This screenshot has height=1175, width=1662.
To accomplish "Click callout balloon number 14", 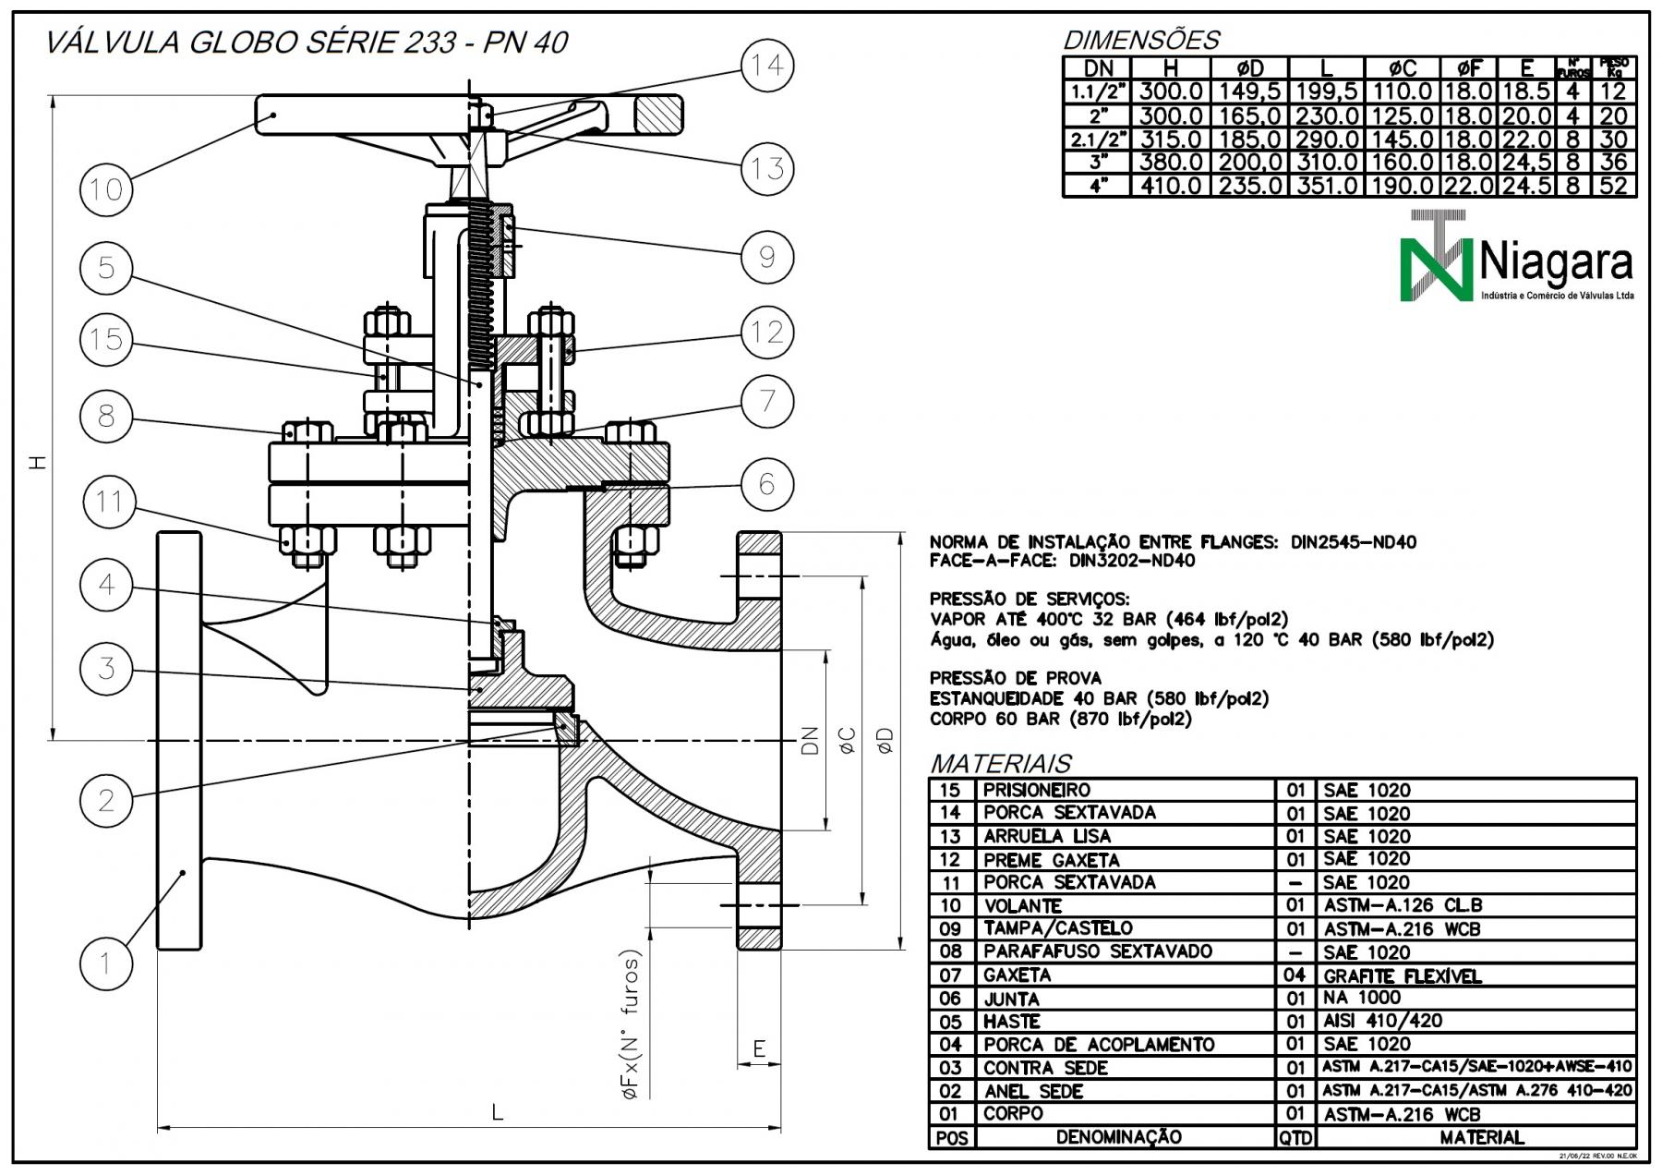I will tap(766, 66).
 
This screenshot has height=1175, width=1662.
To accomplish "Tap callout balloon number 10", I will tap(106, 189).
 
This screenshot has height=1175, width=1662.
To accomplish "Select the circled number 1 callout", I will tap(106, 963).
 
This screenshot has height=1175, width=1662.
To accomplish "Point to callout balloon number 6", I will tap(766, 483).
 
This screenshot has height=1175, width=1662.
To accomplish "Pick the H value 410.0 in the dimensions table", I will tap(1171, 186).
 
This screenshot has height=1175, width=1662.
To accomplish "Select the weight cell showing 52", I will tap(1614, 186).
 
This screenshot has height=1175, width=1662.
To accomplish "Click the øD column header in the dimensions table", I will tap(1249, 68).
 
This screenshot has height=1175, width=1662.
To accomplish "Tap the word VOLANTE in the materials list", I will tap(1022, 906).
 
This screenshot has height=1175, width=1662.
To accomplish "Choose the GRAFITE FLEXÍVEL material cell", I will tap(1402, 976).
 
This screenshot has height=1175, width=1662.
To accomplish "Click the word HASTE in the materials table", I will tap(1011, 1022).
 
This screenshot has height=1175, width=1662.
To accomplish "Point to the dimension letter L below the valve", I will tap(498, 1113).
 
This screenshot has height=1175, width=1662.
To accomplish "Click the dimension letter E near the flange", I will tap(759, 1048).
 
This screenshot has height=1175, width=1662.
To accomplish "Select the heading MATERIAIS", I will tap(1000, 764).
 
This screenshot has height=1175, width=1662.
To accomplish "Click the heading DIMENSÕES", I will tap(1141, 41).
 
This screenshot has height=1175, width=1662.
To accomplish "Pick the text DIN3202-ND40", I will tap(1132, 561).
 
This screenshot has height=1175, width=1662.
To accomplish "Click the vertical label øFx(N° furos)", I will tap(632, 1024).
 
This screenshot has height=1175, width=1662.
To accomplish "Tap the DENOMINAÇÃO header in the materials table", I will tap(1118, 1137).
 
